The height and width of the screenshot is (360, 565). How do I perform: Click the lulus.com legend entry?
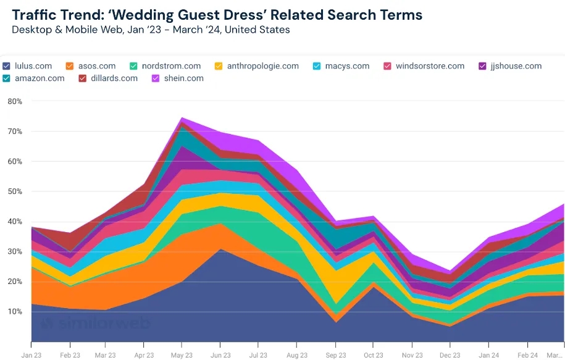pyautogui.click(x=31, y=66)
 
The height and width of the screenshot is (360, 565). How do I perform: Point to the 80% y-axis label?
pyautogui.click(x=15, y=101)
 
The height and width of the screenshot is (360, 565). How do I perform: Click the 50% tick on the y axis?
pyautogui.click(x=15, y=191)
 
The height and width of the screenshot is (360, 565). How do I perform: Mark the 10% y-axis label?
pyautogui.click(x=15, y=312)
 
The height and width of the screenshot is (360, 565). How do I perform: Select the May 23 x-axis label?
pyautogui.click(x=181, y=355)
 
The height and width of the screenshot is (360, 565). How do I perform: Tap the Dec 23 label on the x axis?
pyautogui.click(x=450, y=355)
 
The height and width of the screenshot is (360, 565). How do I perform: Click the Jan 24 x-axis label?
pyautogui.click(x=488, y=355)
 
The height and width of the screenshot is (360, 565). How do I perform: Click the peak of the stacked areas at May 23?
pyautogui.click(x=182, y=118)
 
